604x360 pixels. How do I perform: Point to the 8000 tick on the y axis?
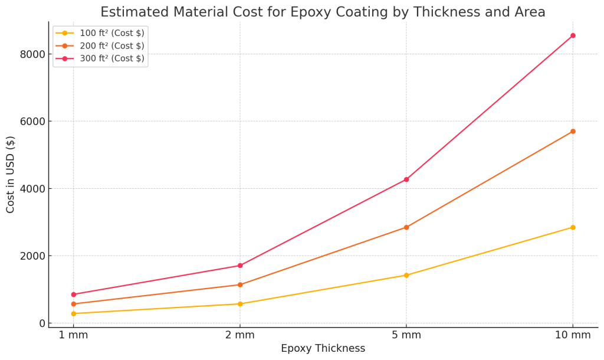coord(33,54)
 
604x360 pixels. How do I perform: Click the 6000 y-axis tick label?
coord(33,122)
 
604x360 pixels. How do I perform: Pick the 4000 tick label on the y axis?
coord(33,189)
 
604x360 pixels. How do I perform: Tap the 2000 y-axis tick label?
coord(33,256)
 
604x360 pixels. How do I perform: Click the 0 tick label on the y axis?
coord(42,323)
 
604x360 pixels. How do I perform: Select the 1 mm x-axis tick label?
coord(73,336)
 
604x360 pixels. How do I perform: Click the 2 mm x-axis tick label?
coord(239,336)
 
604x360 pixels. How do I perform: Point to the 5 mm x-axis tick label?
coord(406,336)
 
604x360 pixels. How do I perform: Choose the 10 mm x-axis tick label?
coord(573,336)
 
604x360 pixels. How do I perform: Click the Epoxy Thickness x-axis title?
coord(323,349)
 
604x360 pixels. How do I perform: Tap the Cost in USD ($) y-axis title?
coord(11,174)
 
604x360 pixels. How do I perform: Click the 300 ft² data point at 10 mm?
coord(573,35)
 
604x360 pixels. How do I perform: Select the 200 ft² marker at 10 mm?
coord(573,131)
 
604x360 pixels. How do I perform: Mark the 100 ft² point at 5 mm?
coord(406,275)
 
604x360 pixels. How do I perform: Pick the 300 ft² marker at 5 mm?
coord(406,179)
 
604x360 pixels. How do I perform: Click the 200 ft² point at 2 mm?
coord(239,284)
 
